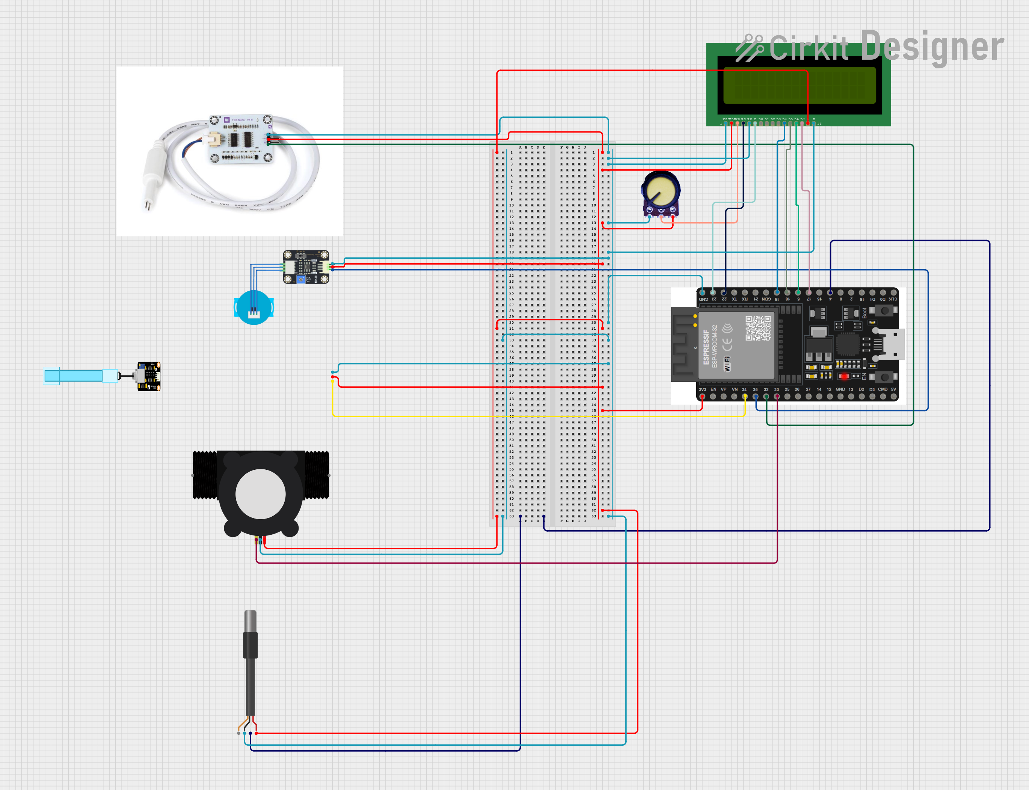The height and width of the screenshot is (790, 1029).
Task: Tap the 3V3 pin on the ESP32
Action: (x=702, y=397)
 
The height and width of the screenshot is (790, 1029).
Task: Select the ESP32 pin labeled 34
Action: (x=745, y=397)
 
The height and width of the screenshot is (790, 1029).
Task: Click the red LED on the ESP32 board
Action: (x=844, y=376)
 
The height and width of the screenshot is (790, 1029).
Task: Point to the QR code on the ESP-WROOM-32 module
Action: (x=757, y=328)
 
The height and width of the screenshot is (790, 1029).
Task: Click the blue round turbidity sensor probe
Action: (x=254, y=308)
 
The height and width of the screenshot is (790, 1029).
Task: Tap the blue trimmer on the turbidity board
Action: (x=301, y=279)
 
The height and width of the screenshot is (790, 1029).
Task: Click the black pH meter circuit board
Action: (x=149, y=376)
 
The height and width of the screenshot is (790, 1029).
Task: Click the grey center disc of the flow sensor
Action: (x=261, y=494)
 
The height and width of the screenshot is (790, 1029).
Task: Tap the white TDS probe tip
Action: (x=148, y=205)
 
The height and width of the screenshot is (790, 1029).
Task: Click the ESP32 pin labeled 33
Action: (x=777, y=397)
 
